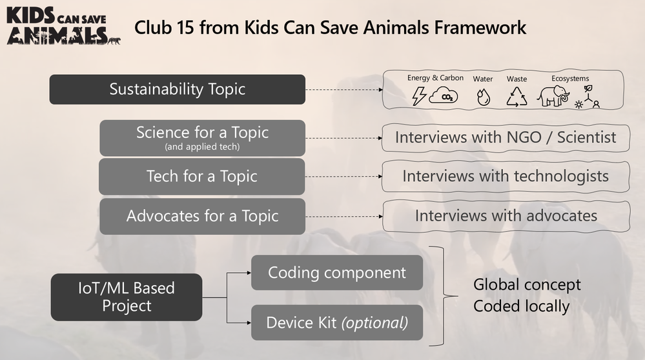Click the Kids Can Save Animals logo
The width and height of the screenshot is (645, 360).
click(x=63, y=26)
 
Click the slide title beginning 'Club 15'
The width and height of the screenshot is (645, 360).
click(x=330, y=28)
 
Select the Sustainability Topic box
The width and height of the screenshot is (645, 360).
click(x=177, y=89)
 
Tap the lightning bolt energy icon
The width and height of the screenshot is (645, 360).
click(x=418, y=96)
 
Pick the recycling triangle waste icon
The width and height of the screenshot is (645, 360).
click(x=517, y=97)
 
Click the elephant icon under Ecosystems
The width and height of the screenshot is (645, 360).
click(x=553, y=96)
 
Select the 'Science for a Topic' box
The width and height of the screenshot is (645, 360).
click(x=201, y=137)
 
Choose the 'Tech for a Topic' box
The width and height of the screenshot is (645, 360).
click(x=201, y=176)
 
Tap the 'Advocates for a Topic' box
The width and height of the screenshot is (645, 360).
click(x=201, y=215)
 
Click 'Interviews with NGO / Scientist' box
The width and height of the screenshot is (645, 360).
click(x=505, y=137)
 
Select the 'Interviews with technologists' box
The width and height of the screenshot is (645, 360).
click(x=505, y=176)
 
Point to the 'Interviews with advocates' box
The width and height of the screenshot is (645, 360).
click(x=506, y=215)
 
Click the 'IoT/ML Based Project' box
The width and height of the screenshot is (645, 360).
click(x=126, y=297)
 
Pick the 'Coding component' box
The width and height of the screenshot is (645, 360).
click(x=336, y=272)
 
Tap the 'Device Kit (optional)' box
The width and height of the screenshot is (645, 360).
click(x=336, y=321)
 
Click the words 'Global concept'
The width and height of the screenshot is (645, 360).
click(x=527, y=285)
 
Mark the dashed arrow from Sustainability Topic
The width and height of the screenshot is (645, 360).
click(x=343, y=90)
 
